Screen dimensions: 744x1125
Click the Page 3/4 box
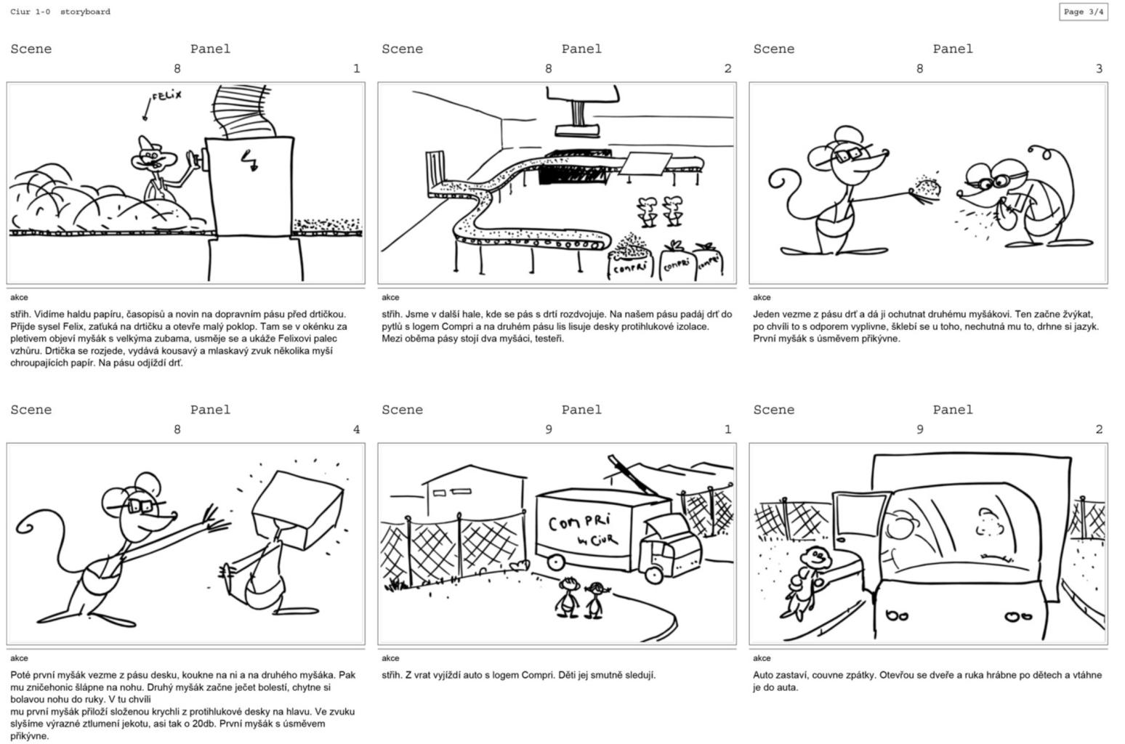(1083, 12)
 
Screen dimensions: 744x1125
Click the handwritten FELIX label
(166, 95)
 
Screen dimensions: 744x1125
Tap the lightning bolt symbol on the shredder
(251, 161)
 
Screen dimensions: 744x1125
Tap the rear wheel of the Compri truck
(556, 561)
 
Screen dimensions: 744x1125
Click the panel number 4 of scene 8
(356, 429)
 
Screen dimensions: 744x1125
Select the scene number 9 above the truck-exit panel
(548, 429)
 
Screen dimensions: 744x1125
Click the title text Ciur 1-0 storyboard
(60, 12)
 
